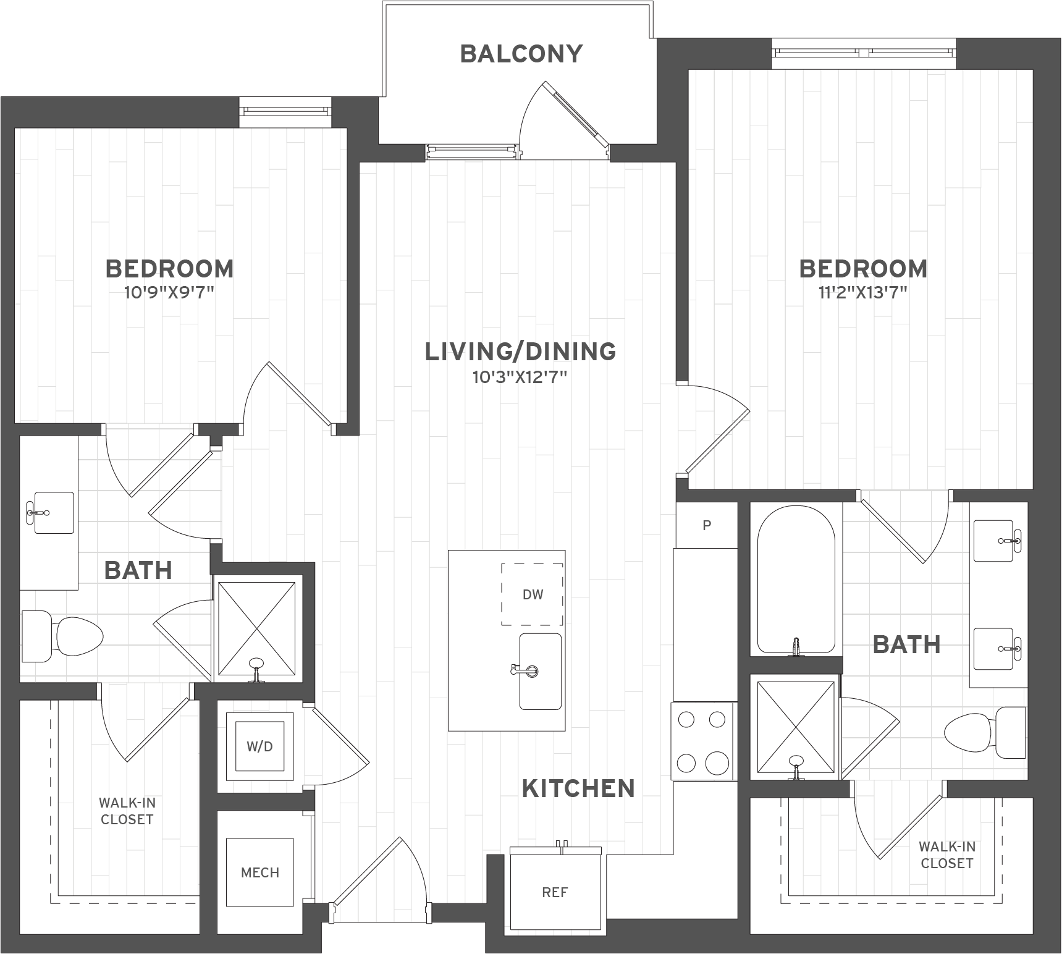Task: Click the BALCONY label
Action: pos(521,54)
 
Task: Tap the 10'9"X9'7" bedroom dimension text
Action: pos(169,292)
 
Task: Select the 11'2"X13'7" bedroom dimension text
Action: pos(862,292)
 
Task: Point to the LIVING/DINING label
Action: pos(520,352)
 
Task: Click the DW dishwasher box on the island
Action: pos(532,594)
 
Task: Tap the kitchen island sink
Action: pos(540,671)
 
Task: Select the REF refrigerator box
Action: pos(555,892)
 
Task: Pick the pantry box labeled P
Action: pos(707,525)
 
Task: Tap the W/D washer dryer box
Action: pos(259,746)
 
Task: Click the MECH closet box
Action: pos(259,872)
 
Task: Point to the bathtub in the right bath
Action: pos(796,580)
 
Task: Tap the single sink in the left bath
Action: pos(53,512)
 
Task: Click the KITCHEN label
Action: pos(578,789)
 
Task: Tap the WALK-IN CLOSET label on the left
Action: pos(127,811)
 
